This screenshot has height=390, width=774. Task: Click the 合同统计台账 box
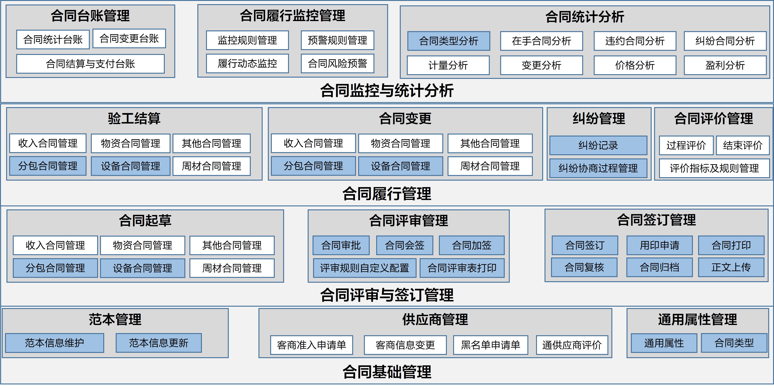pos(53,39)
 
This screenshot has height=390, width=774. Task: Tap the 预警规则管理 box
pos(337,40)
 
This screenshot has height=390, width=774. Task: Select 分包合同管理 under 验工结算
pos(48,166)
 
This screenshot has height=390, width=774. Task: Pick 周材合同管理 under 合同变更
pos(490,166)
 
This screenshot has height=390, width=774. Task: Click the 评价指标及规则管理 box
pos(714,168)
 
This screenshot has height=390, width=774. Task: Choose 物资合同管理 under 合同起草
pos(142,245)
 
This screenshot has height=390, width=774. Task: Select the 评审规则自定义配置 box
pos(364,268)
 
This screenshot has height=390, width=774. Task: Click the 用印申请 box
pos(660,245)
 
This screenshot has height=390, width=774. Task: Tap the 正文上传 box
pos(731,267)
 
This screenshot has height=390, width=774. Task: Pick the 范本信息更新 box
pos(159,343)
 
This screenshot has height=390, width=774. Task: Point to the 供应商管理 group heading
pos(435,319)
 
